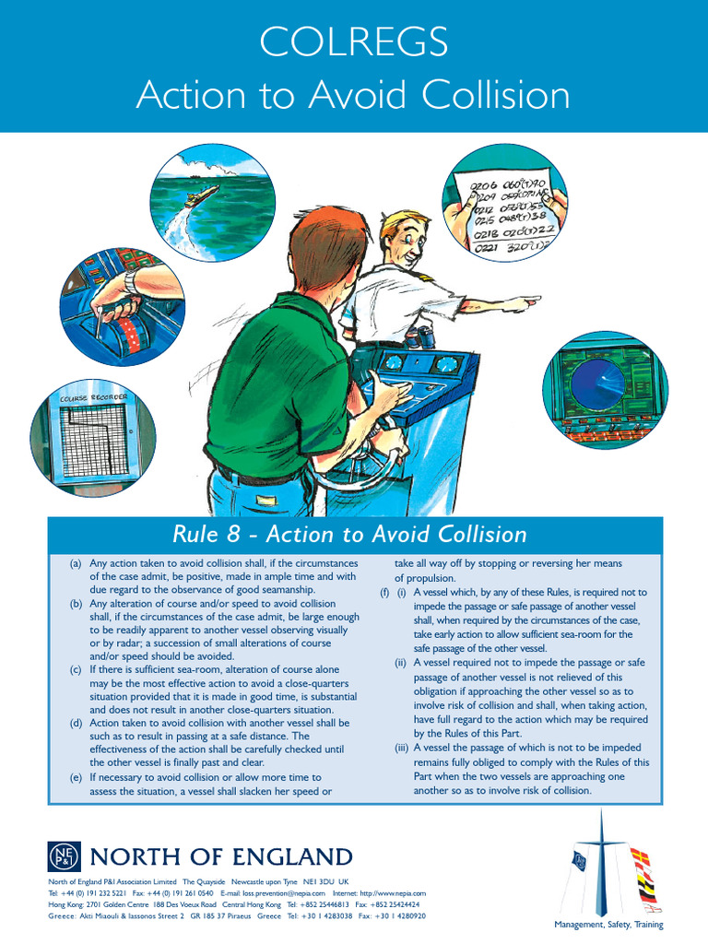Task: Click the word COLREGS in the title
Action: point(354,41)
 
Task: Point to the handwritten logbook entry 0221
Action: point(485,247)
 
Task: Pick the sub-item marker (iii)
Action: point(399,748)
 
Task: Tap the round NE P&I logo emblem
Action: point(64,857)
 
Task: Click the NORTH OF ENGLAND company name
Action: point(220,857)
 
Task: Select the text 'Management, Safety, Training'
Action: point(608,925)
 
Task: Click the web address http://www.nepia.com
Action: point(393,893)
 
